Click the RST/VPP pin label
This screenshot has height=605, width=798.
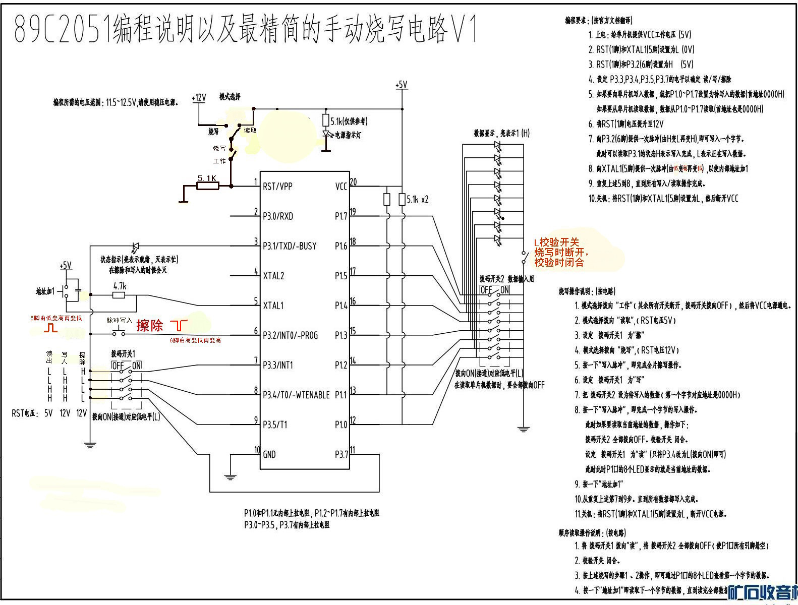pos(277,187)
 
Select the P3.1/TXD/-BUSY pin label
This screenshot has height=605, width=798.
pos(290,246)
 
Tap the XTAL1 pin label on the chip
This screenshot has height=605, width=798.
pos(273,306)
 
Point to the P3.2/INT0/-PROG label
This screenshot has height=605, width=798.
pos(290,335)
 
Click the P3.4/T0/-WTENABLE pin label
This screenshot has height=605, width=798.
pos(296,395)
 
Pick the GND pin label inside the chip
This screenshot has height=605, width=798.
pos(269,454)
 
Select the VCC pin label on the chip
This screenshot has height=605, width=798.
pos(341,187)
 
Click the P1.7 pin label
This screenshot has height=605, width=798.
pos(341,216)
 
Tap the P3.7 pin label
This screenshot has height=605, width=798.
pos(341,454)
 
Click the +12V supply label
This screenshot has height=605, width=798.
pos(199,98)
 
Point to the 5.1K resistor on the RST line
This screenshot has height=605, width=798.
pos(207,186)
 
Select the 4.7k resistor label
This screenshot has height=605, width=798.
pos(120,286)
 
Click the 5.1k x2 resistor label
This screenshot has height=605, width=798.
pos(417,200)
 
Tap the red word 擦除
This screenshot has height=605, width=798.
pos(150,326)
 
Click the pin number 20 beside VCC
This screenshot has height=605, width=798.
pos(353,181)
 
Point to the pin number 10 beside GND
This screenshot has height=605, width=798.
pos(257,450)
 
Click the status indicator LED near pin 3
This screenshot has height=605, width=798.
pos(135,247)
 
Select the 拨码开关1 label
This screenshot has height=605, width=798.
pos(123,354)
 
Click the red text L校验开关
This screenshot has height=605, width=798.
pos(556,243)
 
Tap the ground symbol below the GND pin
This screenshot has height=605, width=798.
pos(230,476)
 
